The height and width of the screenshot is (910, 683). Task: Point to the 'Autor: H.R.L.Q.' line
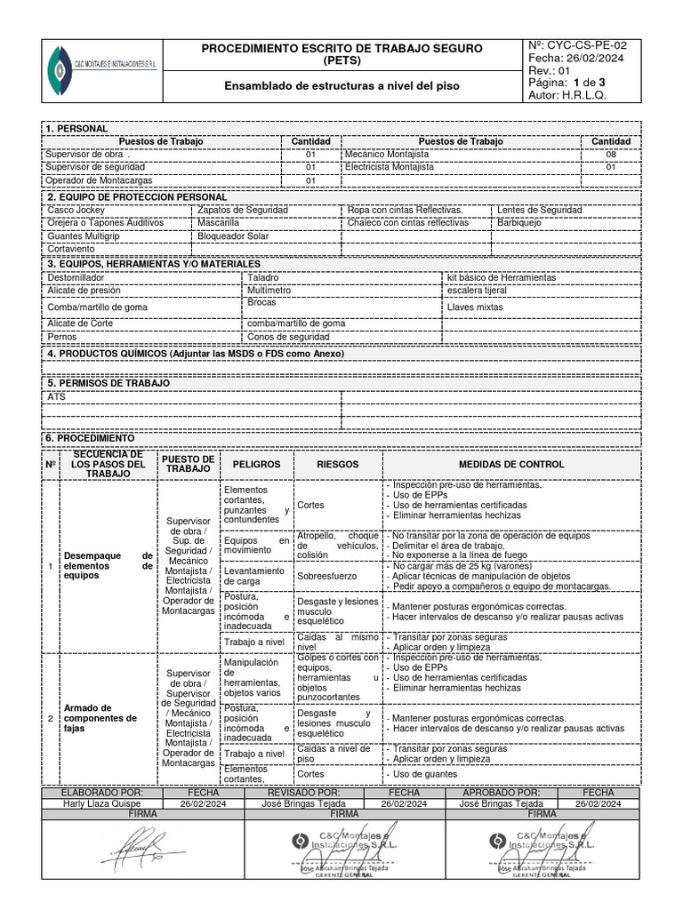click(566, 95)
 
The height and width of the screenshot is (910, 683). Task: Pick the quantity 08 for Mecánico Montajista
click(610, 154)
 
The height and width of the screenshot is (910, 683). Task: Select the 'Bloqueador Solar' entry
click(234, 236)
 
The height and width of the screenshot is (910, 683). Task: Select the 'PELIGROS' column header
click(256, 465)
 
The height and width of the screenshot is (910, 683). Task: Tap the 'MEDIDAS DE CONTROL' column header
click(510, 465)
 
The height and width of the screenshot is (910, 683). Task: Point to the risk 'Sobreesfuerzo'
click(325, 575)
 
